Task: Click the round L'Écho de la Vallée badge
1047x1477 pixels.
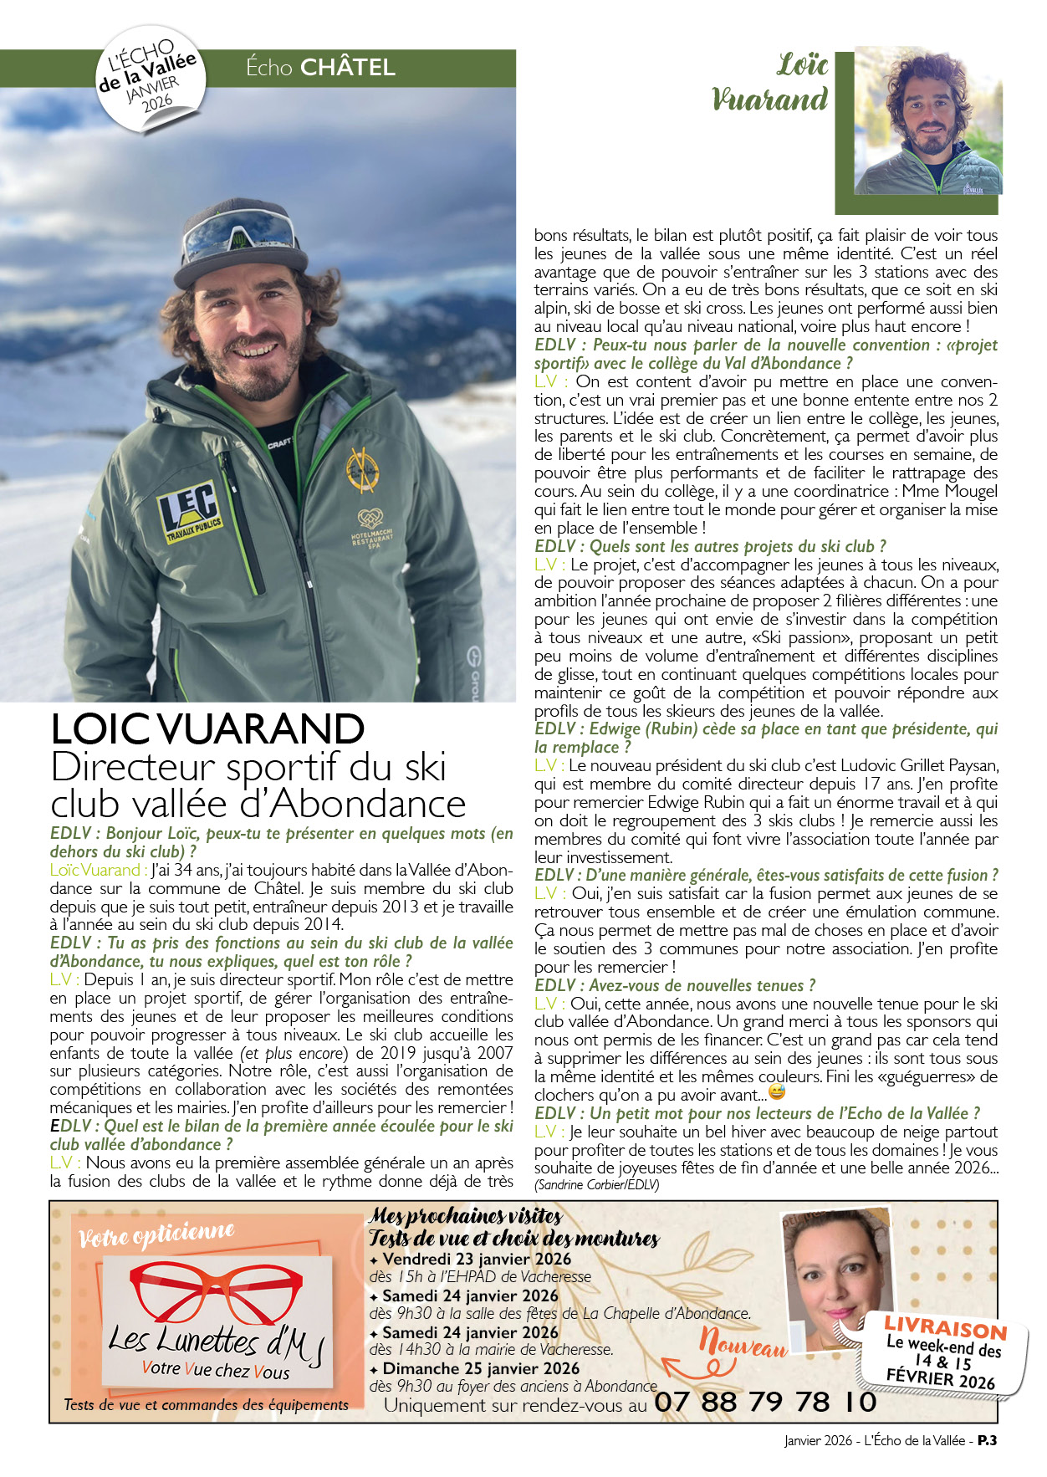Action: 151,80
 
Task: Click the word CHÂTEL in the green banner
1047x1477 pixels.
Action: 347,68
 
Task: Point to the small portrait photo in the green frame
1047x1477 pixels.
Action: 927,122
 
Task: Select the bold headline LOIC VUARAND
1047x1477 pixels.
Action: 207,729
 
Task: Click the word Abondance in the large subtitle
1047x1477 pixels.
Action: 367,804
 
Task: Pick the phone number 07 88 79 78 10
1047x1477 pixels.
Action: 765,1402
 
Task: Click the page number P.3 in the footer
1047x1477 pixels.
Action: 987,1440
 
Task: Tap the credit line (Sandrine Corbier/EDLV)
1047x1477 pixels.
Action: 597,1184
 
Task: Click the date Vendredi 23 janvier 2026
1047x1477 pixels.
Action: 477,1259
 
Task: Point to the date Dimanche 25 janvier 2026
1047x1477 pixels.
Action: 481,1368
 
